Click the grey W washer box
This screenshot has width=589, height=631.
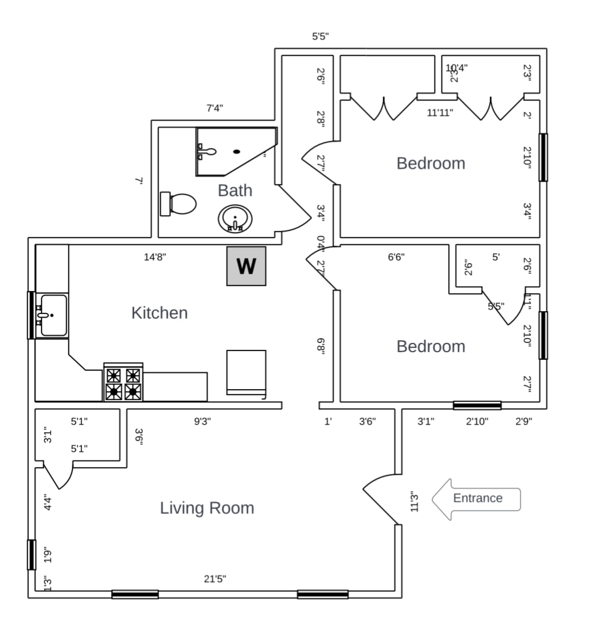click(246, 266)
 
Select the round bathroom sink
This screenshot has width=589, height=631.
click(235, 218)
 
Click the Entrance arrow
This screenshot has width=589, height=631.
click(476, 498)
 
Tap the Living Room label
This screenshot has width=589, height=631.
click(207, 508)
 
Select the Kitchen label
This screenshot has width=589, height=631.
click(159, 313)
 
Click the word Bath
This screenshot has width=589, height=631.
click(235, 191)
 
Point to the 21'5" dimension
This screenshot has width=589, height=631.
click(215, 579)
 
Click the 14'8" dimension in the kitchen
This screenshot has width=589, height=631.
click(155, 257)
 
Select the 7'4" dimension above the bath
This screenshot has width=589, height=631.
click(215, 108)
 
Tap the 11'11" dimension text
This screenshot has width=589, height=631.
click(439, 113)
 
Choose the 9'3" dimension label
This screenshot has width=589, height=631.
click(203, 421)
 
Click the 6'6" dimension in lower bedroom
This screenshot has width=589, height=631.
click(396, 257)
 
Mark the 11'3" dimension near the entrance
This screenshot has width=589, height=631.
click(414, 502)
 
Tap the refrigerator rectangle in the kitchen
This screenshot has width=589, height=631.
click(246, 372)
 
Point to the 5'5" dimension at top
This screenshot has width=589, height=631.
click(320, 37)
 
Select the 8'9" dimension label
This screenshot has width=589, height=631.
click(321, 346)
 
